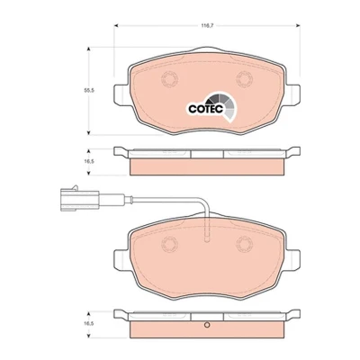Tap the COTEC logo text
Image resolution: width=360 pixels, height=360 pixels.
(206, 109)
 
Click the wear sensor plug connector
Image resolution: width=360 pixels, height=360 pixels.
(79, 198)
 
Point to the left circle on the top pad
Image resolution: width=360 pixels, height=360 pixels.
(169, 79)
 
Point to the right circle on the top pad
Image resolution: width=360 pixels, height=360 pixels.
(244, 79)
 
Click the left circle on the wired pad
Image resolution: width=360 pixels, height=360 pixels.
(169, 244)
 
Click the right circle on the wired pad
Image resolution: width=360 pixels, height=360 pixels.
(244, 244)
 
